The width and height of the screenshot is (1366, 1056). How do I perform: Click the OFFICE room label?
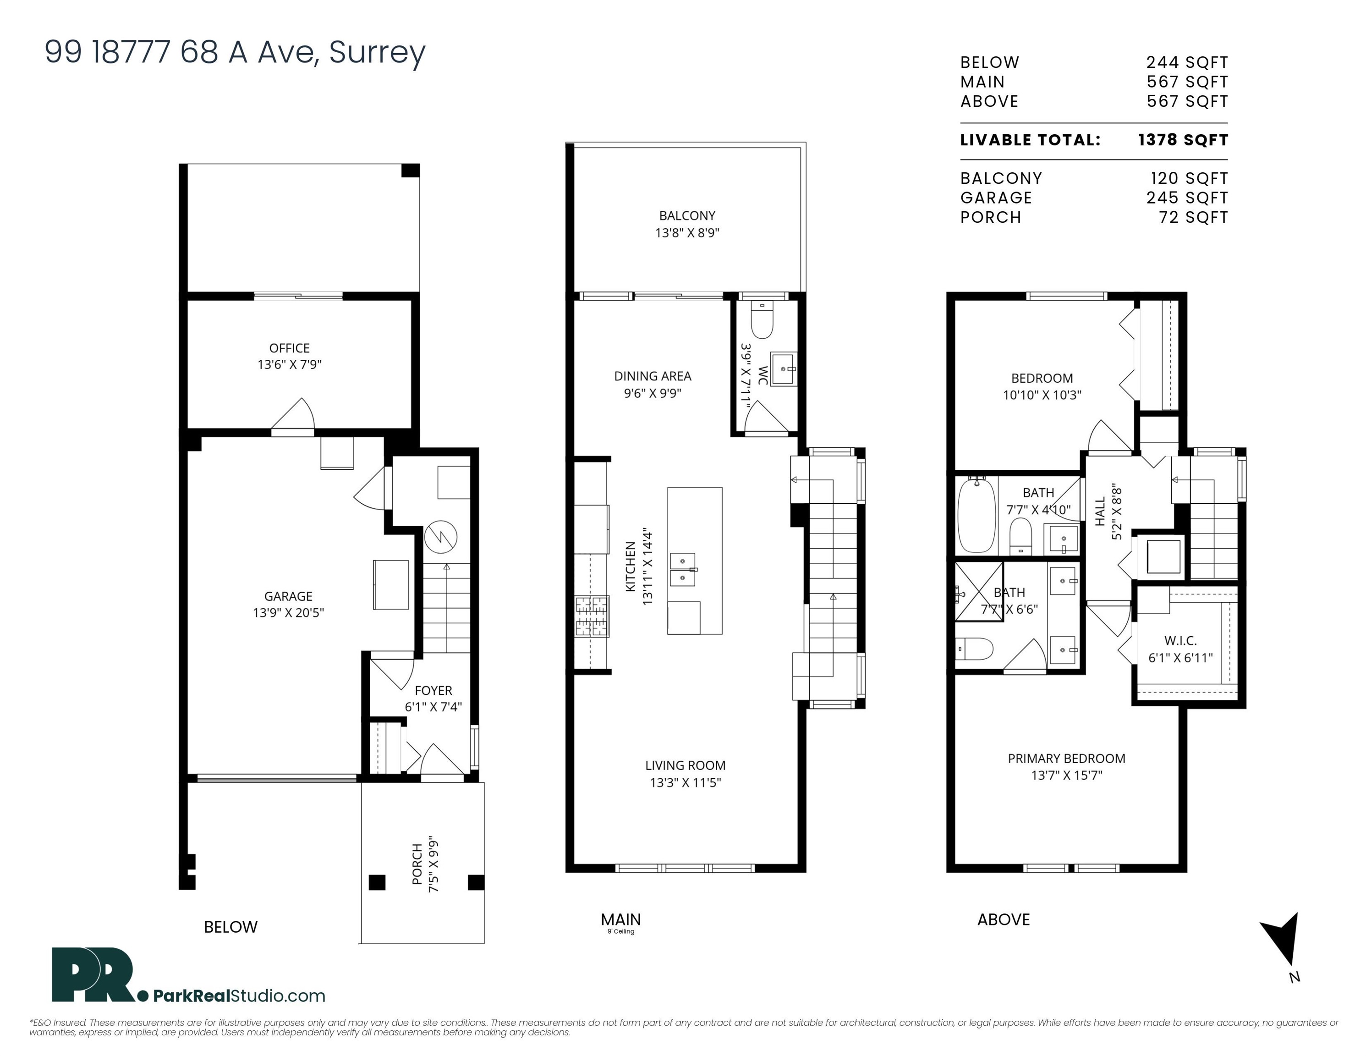click(x=289, y=348)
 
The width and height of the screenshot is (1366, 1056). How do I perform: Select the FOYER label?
click(x=433, y=690)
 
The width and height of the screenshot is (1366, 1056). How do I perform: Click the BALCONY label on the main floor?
click(x=687, y=216)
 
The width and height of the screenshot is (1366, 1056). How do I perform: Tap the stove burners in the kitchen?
click(x=592, y=616)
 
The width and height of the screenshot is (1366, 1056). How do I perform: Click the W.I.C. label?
click(x=1181, y=641)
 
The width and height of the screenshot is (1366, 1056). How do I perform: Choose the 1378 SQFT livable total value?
click(x=1183, y=140)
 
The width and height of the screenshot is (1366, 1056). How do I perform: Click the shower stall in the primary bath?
click(x=979, y=592)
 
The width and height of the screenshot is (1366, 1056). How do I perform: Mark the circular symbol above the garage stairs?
click(x=441, y=537)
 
